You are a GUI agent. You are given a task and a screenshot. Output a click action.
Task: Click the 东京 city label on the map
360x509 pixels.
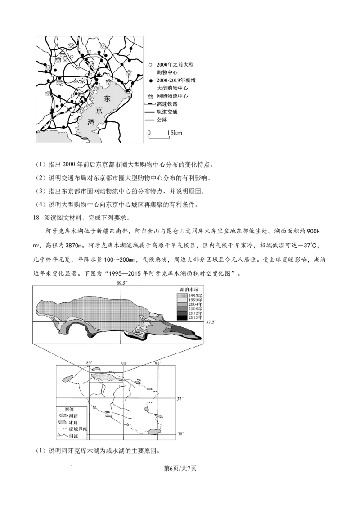pos(79,81)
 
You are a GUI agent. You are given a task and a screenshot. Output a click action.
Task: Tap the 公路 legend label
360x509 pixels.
pos(162,120)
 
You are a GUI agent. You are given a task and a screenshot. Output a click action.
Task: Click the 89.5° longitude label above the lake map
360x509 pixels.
pos(122,283)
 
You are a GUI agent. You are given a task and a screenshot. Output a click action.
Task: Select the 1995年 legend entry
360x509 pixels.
pos(195,295)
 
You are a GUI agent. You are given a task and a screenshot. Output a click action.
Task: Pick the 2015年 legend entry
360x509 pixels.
pos(195,318)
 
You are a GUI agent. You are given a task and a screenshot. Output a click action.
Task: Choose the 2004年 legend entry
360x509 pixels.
pos(195,304)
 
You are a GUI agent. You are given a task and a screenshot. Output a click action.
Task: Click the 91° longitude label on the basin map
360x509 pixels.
pos(157,363)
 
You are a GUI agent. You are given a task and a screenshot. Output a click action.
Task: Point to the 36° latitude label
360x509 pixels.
pos(180,434)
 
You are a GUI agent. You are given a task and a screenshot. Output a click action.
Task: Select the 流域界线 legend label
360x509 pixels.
pos(78,430)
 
